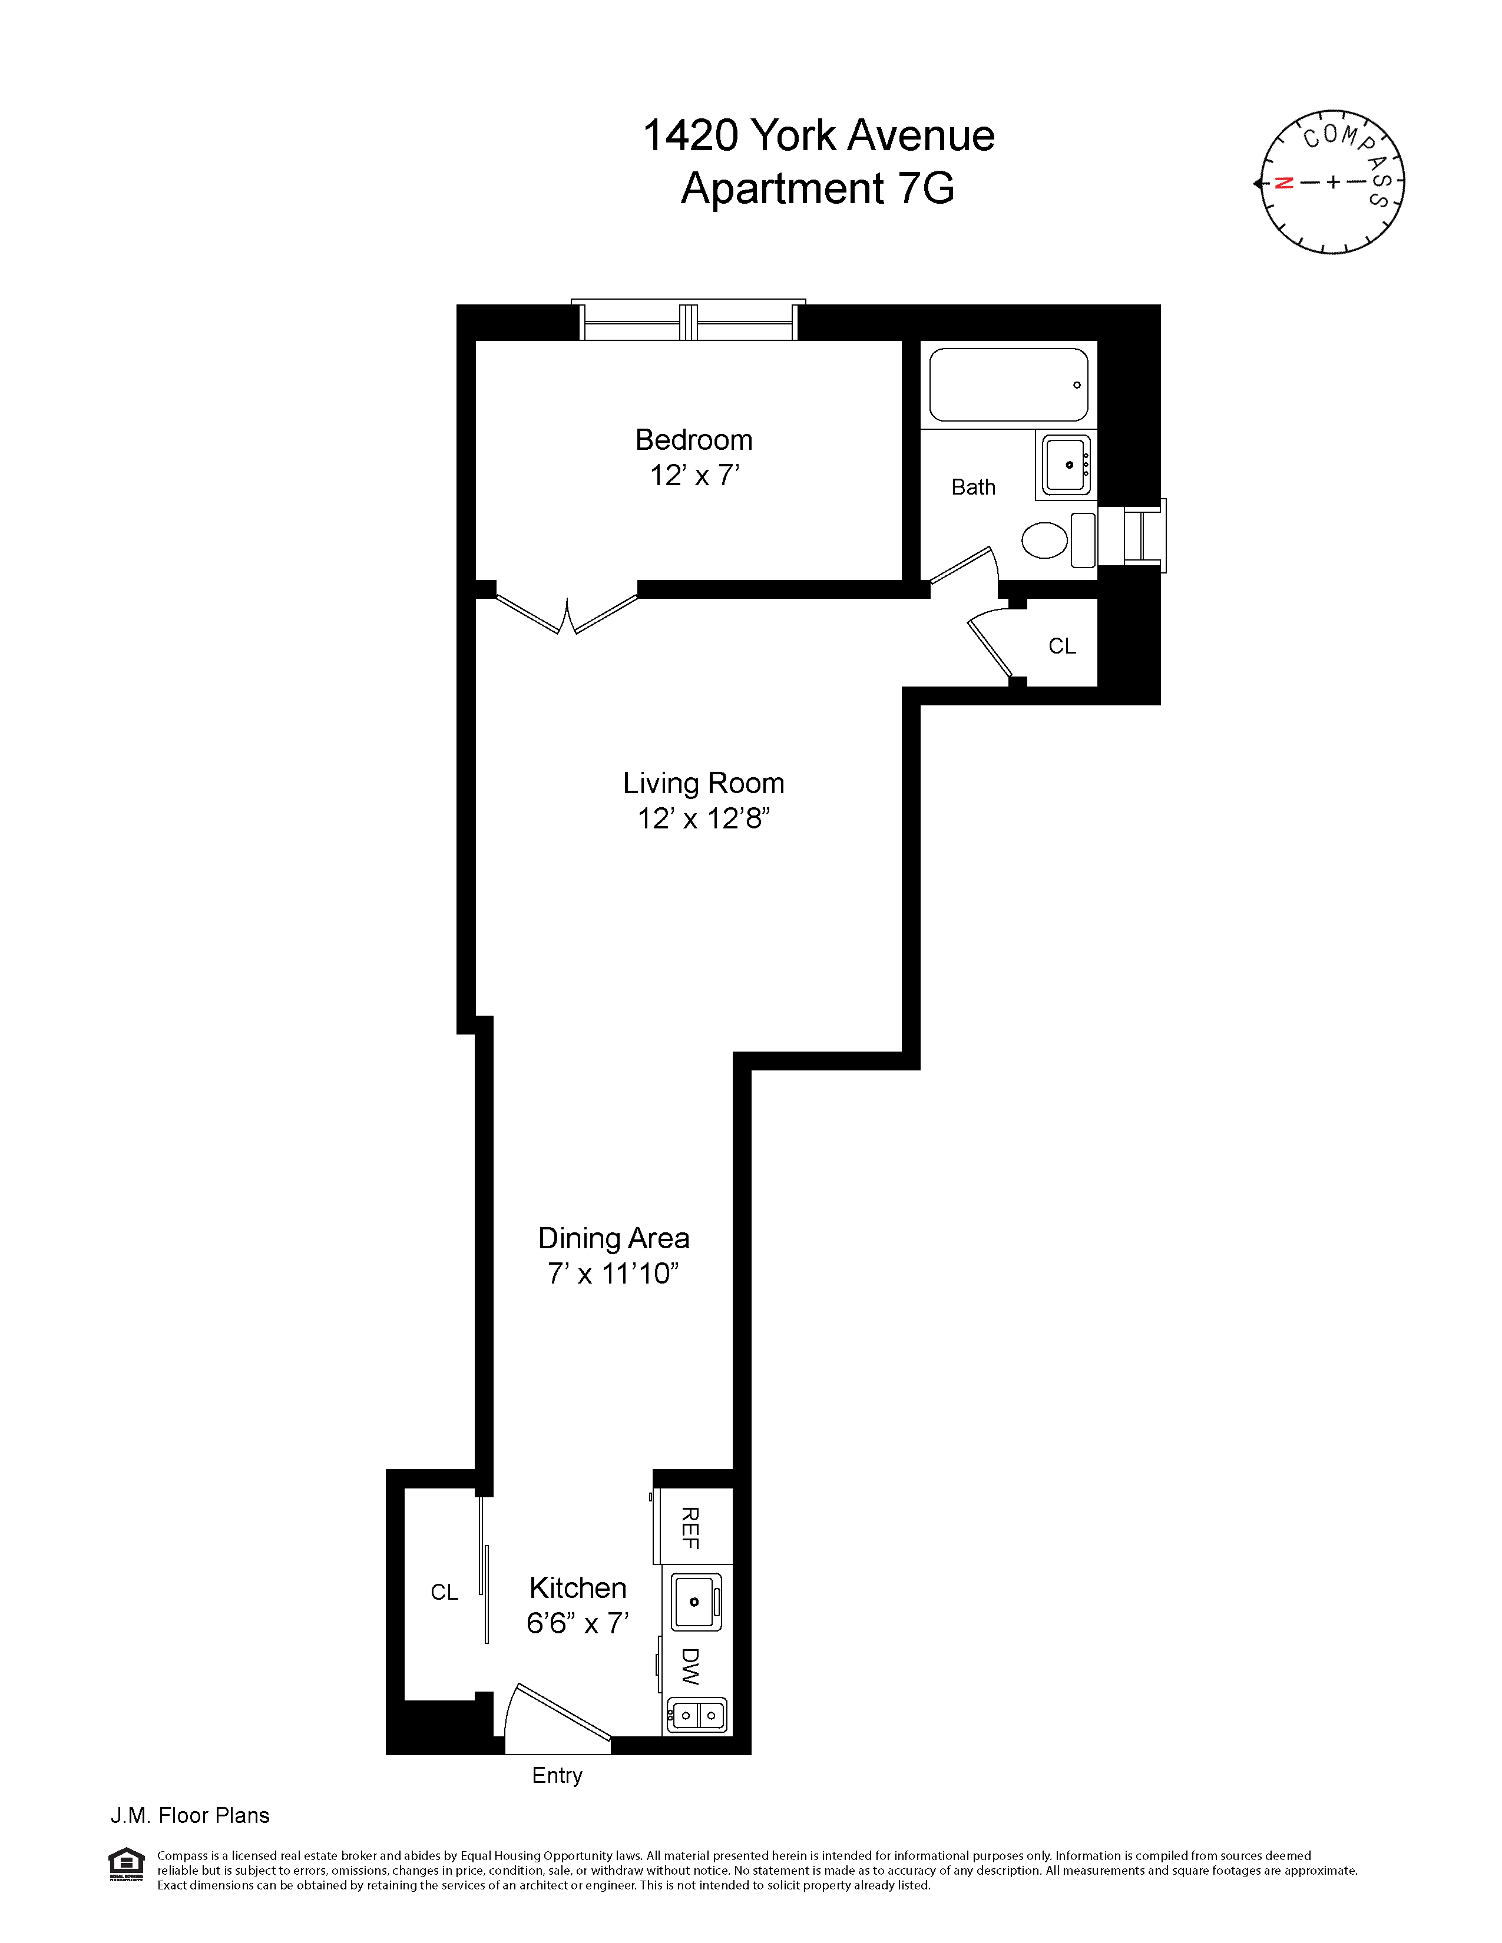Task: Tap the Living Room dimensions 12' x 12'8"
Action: pos(703,818)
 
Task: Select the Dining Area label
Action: pos(613,1238)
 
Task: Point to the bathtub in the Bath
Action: pos(1008,384)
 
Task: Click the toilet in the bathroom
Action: pos(1046,540)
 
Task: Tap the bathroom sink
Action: pos(1065,465)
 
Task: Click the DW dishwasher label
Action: pos(690,1666)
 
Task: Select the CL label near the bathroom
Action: pos(1061,646)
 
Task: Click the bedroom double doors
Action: pos(567,614)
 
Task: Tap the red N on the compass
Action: pos(1283,183)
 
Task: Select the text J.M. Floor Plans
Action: pos(190,1816)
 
